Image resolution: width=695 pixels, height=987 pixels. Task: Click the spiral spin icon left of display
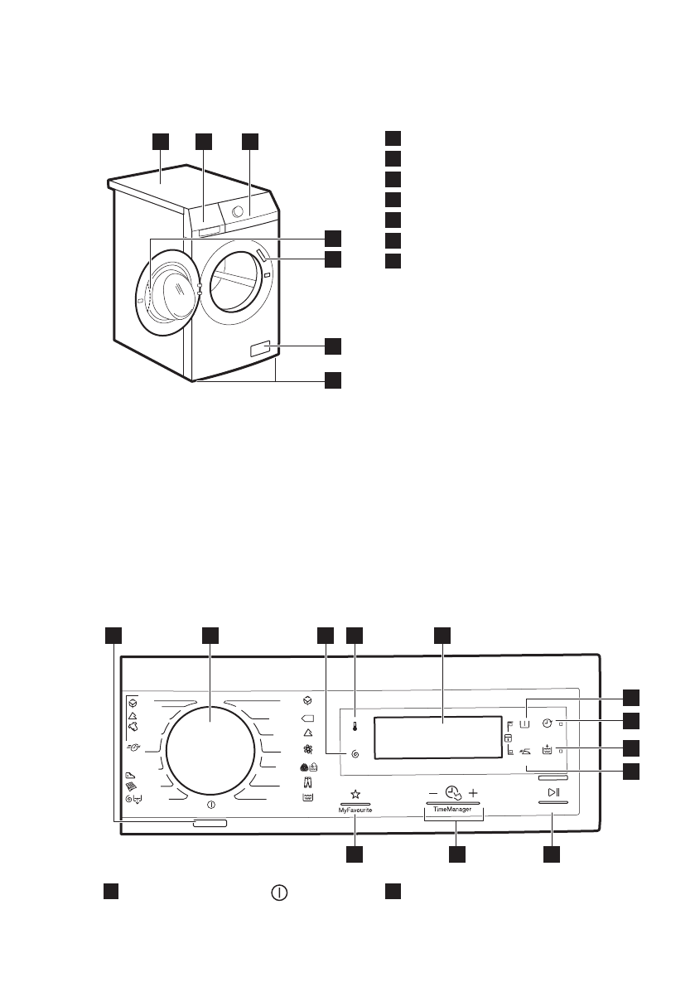point(355,754)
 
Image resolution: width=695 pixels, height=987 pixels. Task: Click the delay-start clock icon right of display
point(548,723)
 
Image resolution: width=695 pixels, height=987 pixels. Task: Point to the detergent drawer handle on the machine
point(210,230)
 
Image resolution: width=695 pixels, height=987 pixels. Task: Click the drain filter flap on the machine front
point(259,351)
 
